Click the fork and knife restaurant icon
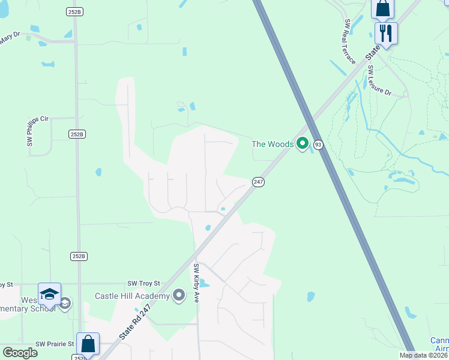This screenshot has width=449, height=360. coord(385,32)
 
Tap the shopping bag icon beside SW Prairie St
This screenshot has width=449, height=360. coord(88,344)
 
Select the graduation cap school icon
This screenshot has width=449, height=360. coord(49,295)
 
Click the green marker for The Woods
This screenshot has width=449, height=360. coord(303,144)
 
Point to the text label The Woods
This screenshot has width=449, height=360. coord(273,144)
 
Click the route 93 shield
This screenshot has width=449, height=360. coord(318,145)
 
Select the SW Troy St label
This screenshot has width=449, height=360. coord(144,283)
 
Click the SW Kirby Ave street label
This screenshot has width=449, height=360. coord(196,282)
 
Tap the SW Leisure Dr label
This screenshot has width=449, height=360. coord(379,81)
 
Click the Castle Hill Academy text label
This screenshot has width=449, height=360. coord(131,296)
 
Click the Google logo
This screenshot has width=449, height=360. coord(20,352)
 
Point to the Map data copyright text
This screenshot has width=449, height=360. coord(424,355)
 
